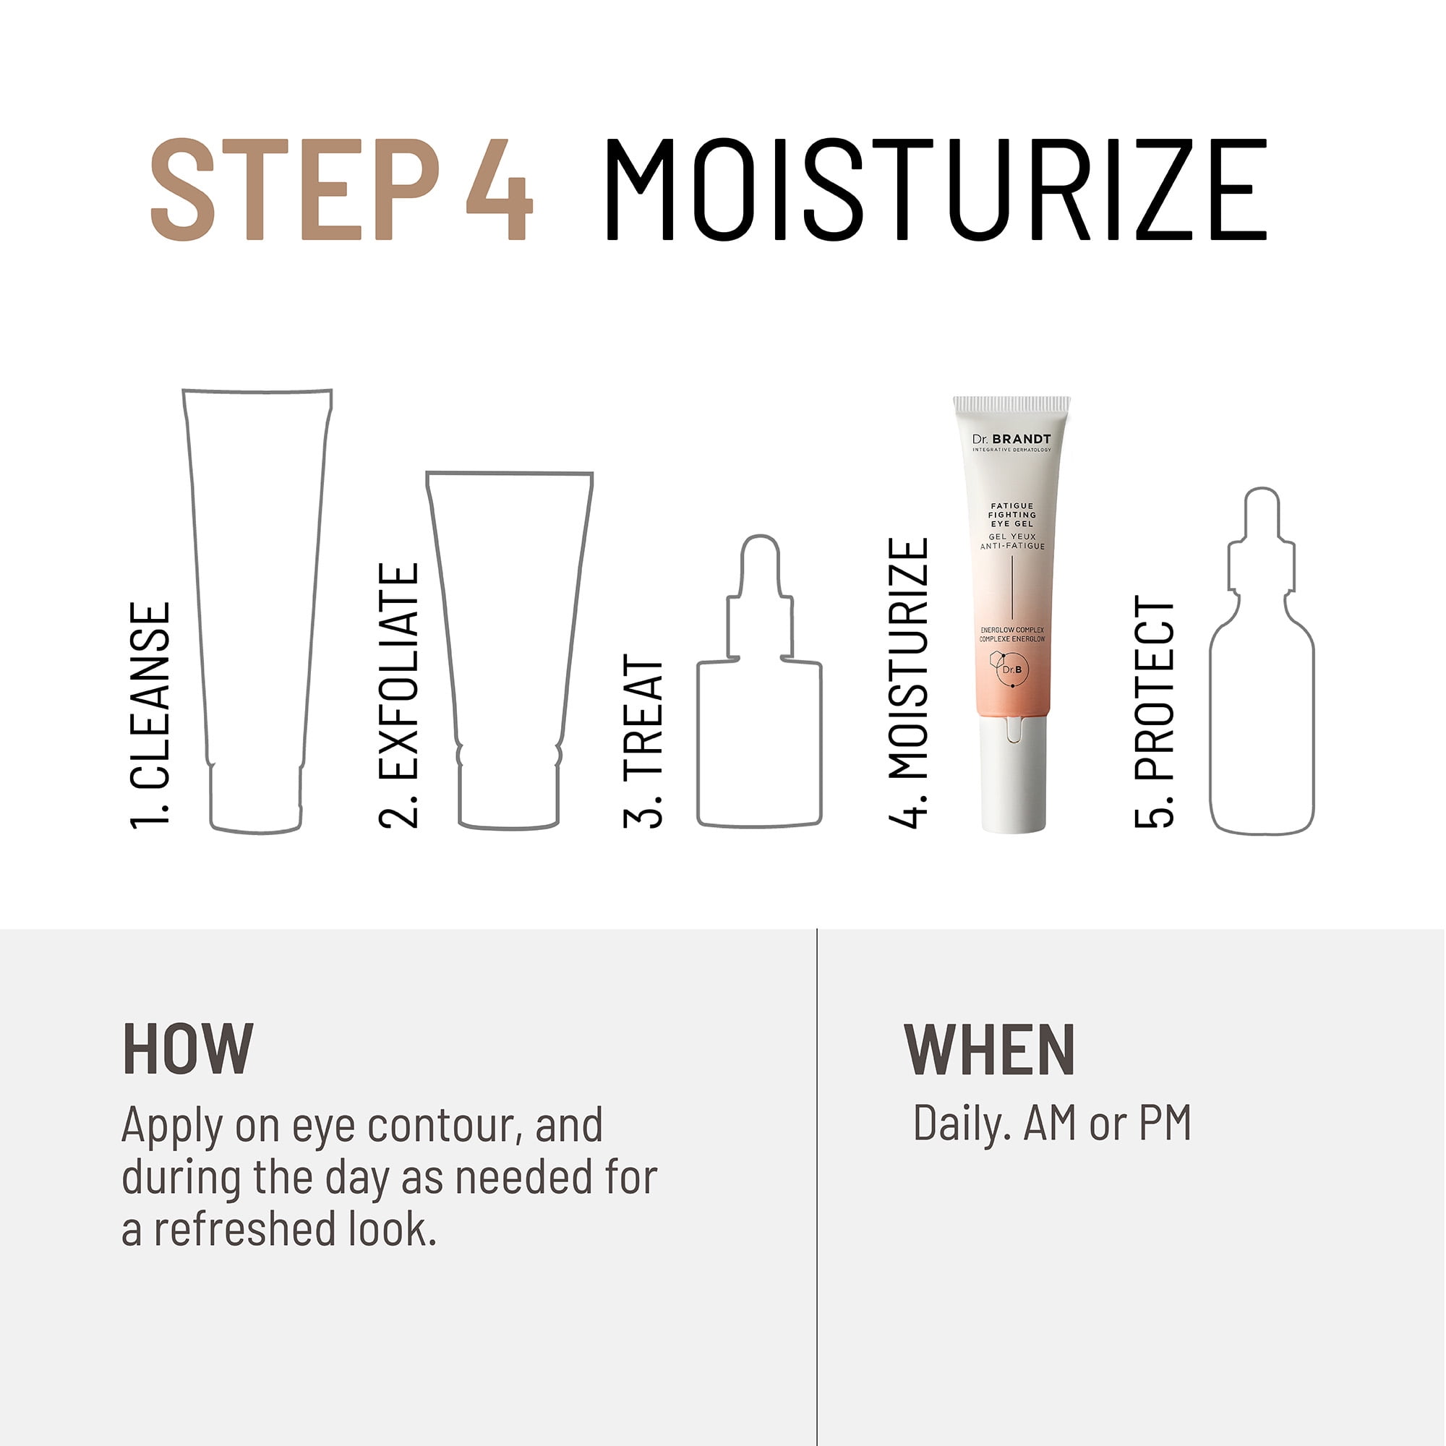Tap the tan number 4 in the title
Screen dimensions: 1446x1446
499,189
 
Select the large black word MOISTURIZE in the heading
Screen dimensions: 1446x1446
936,189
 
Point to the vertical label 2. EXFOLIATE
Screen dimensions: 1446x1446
399,696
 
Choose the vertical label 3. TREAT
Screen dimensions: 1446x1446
643,741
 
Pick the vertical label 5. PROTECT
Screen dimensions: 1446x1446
1155,711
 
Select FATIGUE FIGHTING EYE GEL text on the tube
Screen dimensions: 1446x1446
1013,515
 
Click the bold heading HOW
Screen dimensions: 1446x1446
188,1049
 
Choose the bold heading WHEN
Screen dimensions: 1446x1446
990,1049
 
